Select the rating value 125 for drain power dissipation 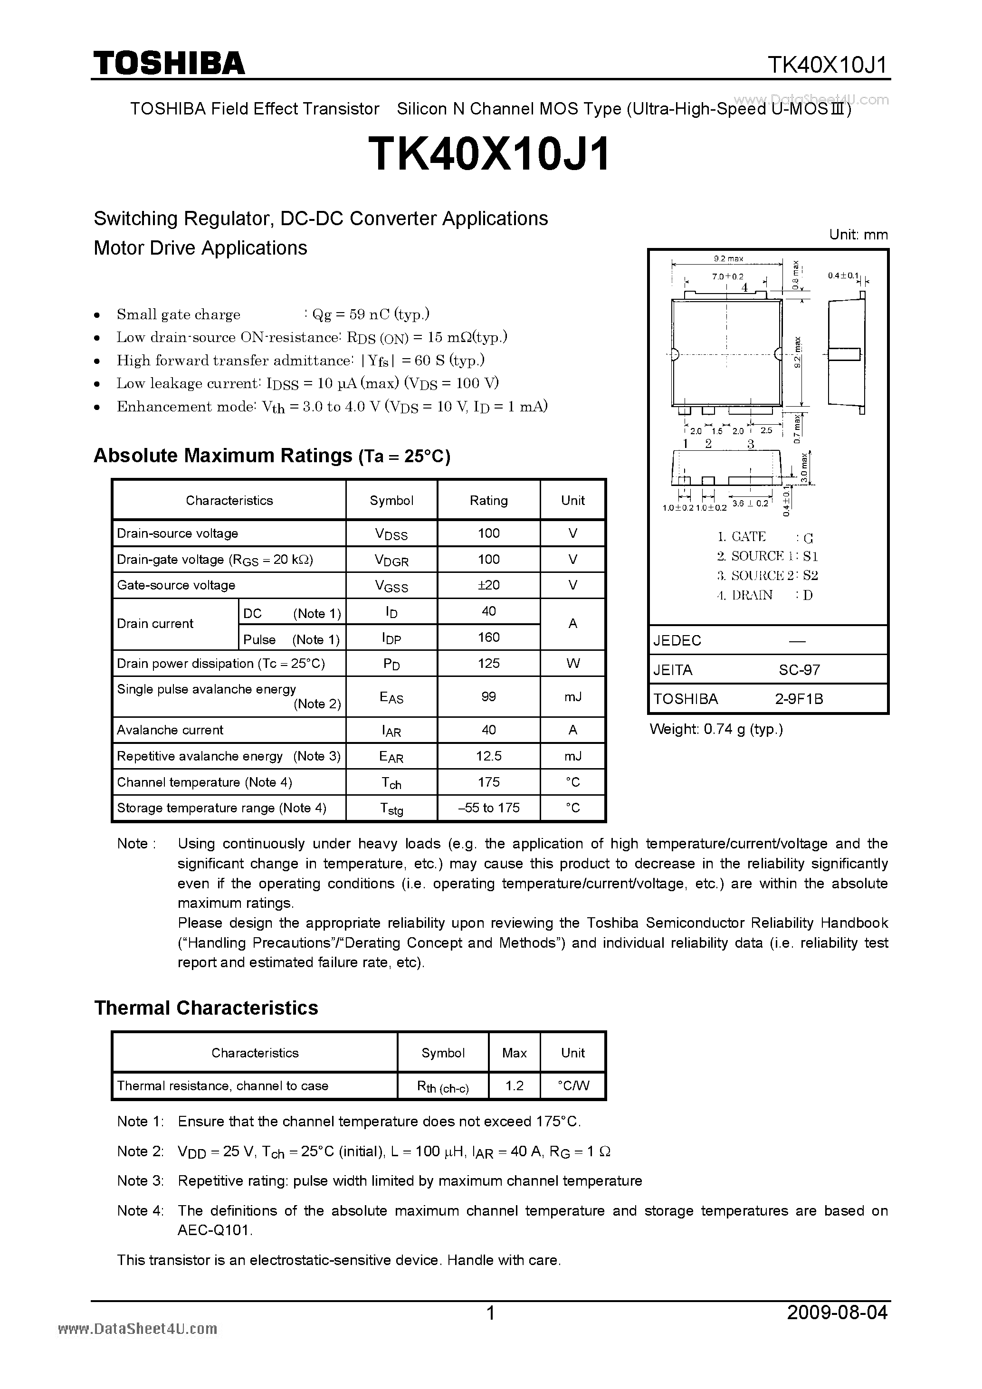click(488, 663)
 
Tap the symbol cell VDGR click(391, 560)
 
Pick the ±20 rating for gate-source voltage click(488, 585)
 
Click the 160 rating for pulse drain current click(488, 637)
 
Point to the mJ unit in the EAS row click(572, 696)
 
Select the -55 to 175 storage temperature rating click(488, 808)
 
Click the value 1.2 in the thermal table click(515, 1085)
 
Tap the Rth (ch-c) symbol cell click(443, 1086)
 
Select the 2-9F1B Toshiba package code click(799, 699)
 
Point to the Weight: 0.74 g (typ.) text click(716, 729)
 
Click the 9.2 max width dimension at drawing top click(728, 258)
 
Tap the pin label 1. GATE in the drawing click(742, 537)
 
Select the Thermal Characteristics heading click(206, 1008)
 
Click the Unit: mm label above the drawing click(858, 235)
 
